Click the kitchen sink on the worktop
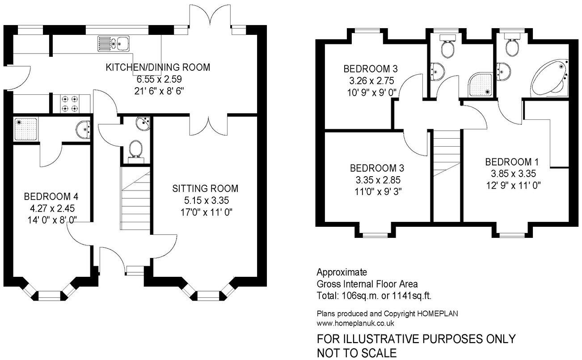(x=113, y=44)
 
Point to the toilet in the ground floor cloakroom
(x=135, y=149)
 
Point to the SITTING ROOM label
(x=205, y=188)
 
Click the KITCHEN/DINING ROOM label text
(x=157, y=68)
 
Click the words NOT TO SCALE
(x=357, y=353)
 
